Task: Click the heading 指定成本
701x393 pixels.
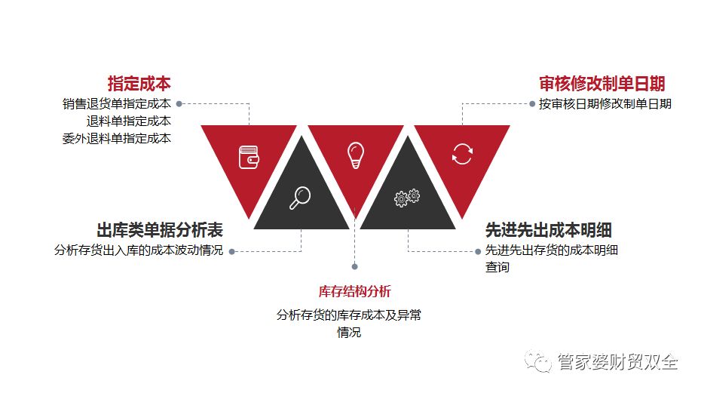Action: pos(139,84)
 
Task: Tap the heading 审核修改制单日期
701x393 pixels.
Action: pos(602,84)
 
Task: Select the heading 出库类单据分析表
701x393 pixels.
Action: pos(160,230)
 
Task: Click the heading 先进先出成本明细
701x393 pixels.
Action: pos(548,230)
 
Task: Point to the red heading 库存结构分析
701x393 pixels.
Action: pos(354,291)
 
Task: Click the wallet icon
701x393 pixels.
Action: pos(249,157)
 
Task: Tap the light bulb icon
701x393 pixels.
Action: pos(355,155)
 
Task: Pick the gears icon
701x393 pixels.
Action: pos(407,198)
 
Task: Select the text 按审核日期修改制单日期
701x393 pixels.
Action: pos(605,103)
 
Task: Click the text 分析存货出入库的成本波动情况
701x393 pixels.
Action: pos(139,250)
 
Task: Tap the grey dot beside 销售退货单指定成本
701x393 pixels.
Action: pos(179,103)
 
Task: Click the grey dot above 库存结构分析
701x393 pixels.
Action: pos(355,266)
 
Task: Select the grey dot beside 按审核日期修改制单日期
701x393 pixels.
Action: pos(532,103)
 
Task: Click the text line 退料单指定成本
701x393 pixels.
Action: pos(128,121)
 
